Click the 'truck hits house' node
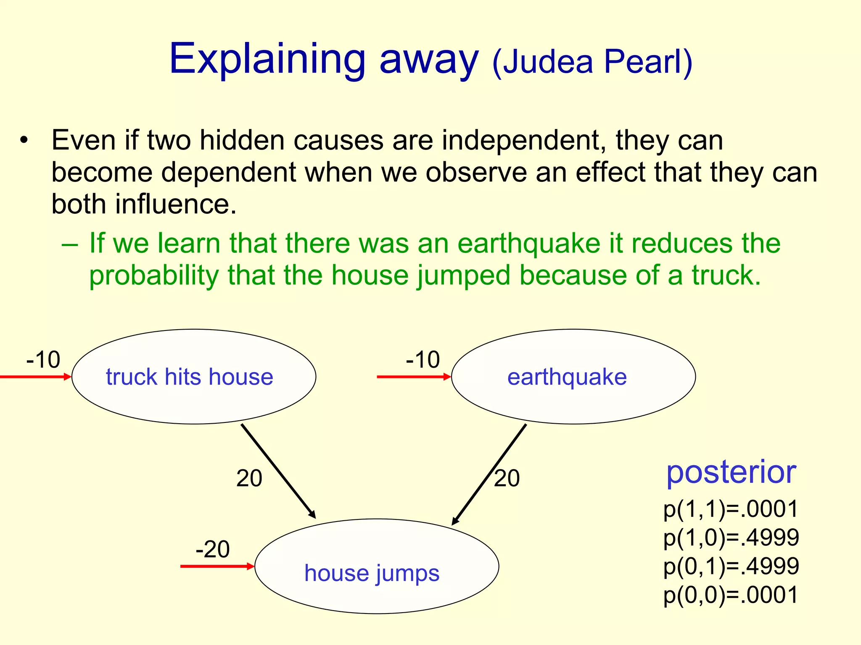point(193,377)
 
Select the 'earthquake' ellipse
point(573,377)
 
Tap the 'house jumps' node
point(377,566)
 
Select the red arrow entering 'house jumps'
point(217,566)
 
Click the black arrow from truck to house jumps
point(278,471)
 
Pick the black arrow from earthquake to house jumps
point(489,474)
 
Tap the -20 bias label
point(213,549)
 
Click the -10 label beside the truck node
point(43,359)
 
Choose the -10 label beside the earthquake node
point(423,359)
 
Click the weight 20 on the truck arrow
point(249,478)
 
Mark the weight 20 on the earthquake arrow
point(507,478)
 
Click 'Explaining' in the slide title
point(267,60)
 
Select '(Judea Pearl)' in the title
point(592,62)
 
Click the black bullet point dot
point(24,140)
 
